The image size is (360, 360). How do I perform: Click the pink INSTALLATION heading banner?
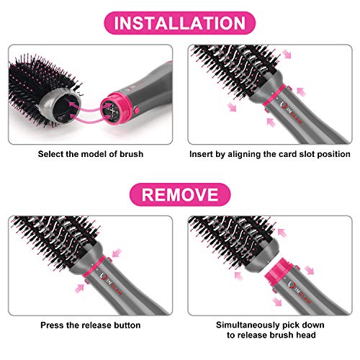point(180,23)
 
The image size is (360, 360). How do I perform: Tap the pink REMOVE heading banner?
point(180,194)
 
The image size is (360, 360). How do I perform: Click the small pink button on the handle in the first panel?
point(137,110)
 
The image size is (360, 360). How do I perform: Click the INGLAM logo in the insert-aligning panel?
point(292,114)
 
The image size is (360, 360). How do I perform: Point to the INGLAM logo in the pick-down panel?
point(300,292)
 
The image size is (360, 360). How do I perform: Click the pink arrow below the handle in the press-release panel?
point(80,288)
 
